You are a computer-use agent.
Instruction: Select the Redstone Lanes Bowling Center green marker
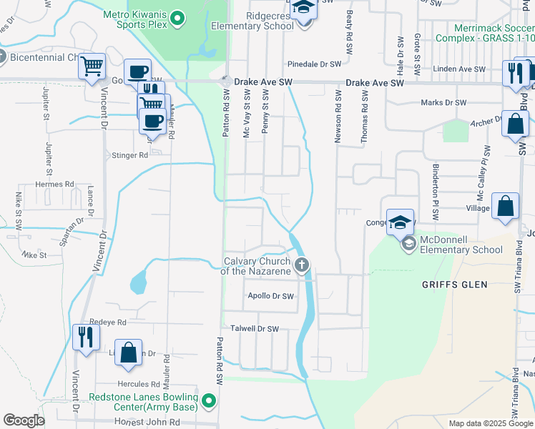(208, 401)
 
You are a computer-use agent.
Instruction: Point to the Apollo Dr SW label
(270, 296)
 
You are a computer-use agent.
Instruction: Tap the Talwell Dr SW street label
(253, 329)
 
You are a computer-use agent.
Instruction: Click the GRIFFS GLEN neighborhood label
(454, 285)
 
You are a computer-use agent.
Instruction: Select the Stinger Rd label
(129, 155)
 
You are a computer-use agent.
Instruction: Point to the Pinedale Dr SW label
(315, 64)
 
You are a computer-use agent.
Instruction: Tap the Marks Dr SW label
(444, 103)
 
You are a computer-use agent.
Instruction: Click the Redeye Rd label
(108, 322)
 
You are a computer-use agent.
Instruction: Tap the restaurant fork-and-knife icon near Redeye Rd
(85, 335)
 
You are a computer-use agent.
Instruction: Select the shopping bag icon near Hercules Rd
(129, 353)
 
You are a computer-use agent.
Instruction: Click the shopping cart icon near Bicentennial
(92, 66)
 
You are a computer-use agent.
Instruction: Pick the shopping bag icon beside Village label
(505, 206)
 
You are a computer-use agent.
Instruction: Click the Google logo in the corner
(24, 420)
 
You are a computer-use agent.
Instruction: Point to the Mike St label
(34, 255)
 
